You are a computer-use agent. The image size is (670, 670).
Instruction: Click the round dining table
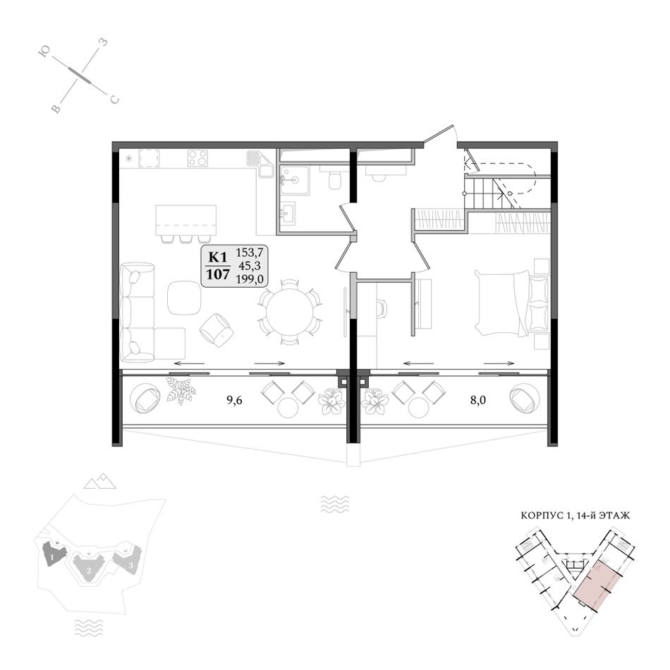[x=290, y=312]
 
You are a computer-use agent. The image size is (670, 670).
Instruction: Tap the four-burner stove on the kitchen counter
[x=197, y=158]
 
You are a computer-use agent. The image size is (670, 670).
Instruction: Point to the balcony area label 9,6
[x=234, y=401]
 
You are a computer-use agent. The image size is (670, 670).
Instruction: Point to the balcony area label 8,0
[x=477, y=401]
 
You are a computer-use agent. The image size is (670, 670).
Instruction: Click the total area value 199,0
[x=250, y=279]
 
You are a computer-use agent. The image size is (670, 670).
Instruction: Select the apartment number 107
[x=218, y=274]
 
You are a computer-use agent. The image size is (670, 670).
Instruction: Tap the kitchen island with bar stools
[x=186, y=223]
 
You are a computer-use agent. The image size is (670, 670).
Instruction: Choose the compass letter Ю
[x=44, y=51]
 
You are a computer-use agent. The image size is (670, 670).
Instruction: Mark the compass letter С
[x=114, y=100]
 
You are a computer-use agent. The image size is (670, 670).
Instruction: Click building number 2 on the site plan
[x=88, y=570]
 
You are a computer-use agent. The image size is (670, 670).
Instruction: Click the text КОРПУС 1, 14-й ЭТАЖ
[x=575, y=516]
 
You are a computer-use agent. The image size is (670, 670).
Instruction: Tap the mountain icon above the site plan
[x=100, y=481]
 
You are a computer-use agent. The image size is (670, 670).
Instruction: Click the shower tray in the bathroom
[x=294, y=181]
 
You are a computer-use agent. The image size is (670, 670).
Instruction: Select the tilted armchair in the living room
[x=217, y=329]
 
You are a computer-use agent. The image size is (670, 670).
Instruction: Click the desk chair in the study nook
[x=382, y=308]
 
